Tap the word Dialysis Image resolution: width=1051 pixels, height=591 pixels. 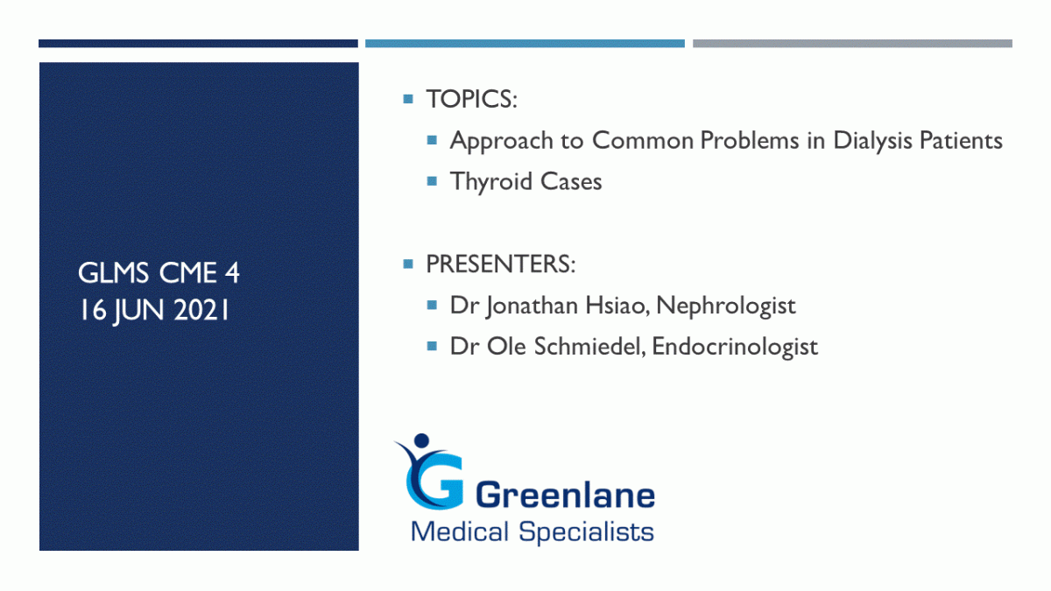(x=872, y=141)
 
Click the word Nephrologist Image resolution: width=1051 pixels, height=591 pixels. (x=726, y=306)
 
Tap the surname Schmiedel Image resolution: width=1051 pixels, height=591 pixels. (x=589, y=347)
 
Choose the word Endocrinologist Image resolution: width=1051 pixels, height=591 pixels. (x=735, y=348)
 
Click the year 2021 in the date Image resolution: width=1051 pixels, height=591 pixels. (x=201, y=311)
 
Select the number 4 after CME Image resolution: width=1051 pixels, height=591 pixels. (x=232, y=273)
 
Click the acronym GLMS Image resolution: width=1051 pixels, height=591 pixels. (x=113, y=273)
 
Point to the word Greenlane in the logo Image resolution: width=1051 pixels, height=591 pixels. (x=566, y=496)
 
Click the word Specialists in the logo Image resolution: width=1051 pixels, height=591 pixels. (x=586, y=532)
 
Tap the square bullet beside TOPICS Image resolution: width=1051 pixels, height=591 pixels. (x=408, y=99)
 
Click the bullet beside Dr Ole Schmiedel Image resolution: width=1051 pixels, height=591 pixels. (x=432, y=347)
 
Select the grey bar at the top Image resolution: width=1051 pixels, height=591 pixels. (x=852, y=44)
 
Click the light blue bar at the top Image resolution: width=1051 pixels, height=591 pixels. (x=525, y=44)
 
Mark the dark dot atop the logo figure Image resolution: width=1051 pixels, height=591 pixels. (x=422, y=440)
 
